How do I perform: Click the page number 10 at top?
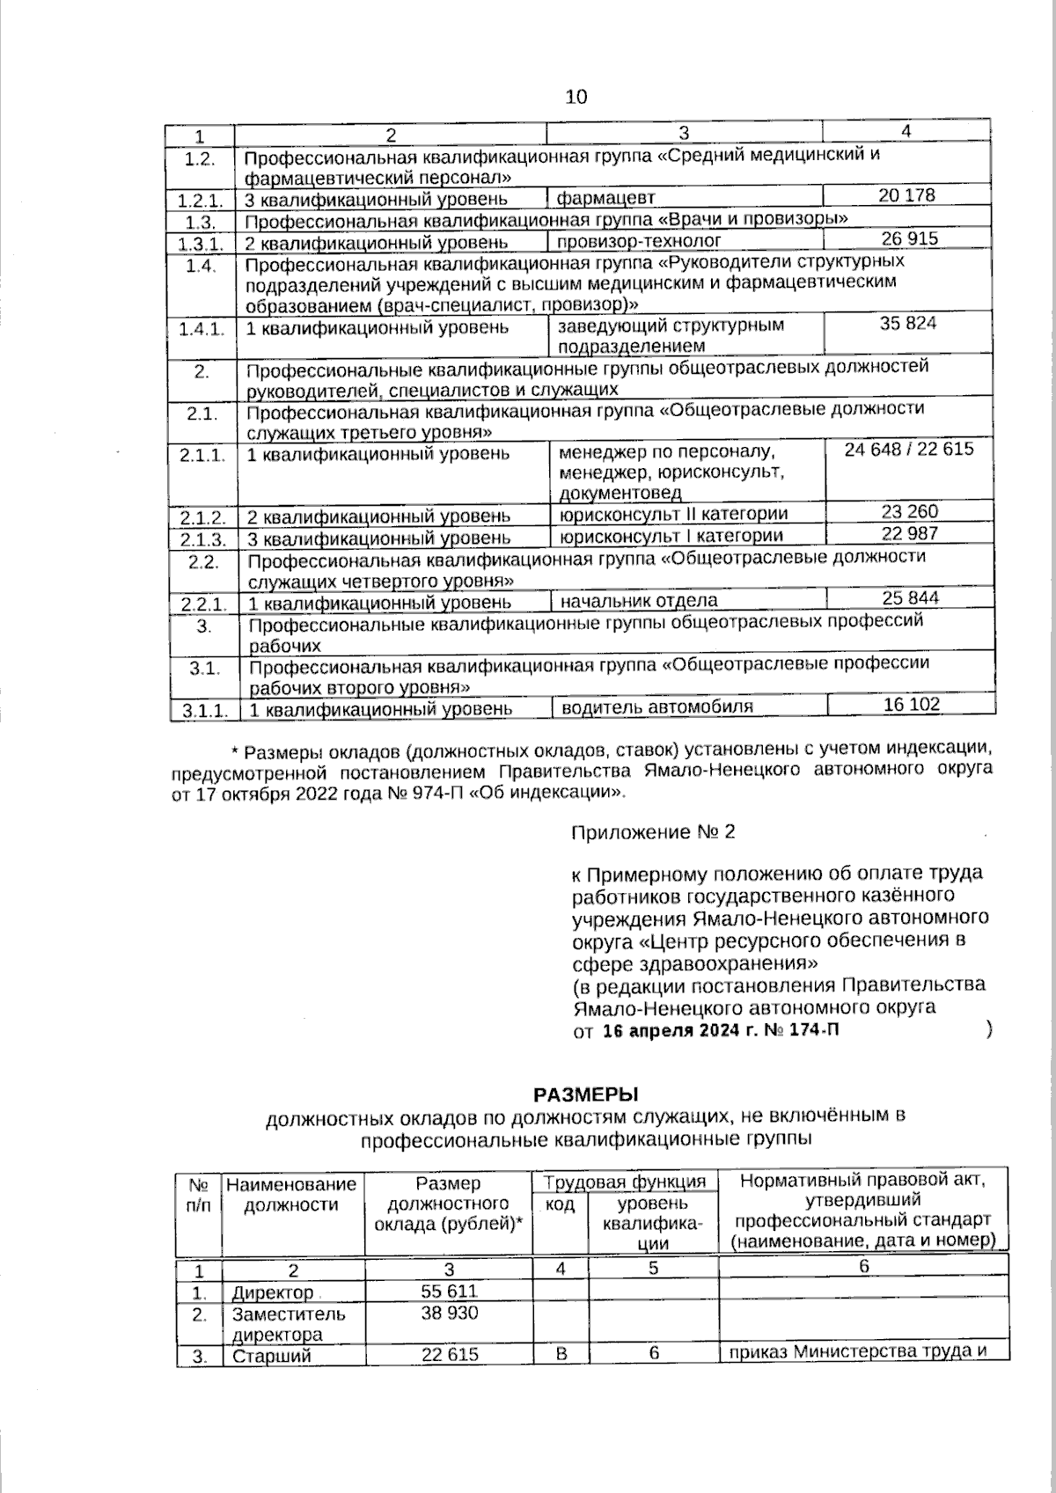click(x=576, y=97)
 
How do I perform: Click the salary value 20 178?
click(x=906, y=195)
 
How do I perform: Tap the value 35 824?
click(x=908, y=323)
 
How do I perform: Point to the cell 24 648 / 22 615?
click(x=908, y=449)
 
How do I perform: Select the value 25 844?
click(x=910, y=598)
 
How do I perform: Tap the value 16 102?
click(x=911, y=704)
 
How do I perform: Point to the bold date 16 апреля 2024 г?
click(x=677, y=1030)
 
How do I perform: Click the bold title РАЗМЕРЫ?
click(x=585, y=1094)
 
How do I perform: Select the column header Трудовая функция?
click(x=625, y=1182)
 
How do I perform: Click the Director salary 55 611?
click(x=449, y=1291)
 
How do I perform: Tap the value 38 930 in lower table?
click(x=449, y=1313)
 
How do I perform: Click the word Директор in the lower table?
click(x=272, y=1292)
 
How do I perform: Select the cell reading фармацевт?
click(x=605, y=197)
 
